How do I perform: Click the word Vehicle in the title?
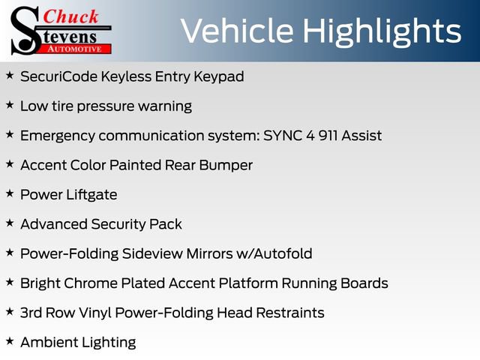238,31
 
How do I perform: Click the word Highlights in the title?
382,32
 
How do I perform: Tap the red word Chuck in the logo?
70,16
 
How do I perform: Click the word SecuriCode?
58,76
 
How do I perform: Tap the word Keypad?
219,76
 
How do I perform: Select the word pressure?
105,106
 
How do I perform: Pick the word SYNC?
283,135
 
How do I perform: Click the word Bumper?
226,166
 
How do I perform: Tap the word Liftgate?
91,195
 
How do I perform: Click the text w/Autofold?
274,253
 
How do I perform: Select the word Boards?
364,283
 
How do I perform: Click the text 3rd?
31,313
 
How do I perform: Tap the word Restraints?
290,313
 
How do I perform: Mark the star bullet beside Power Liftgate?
10,193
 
